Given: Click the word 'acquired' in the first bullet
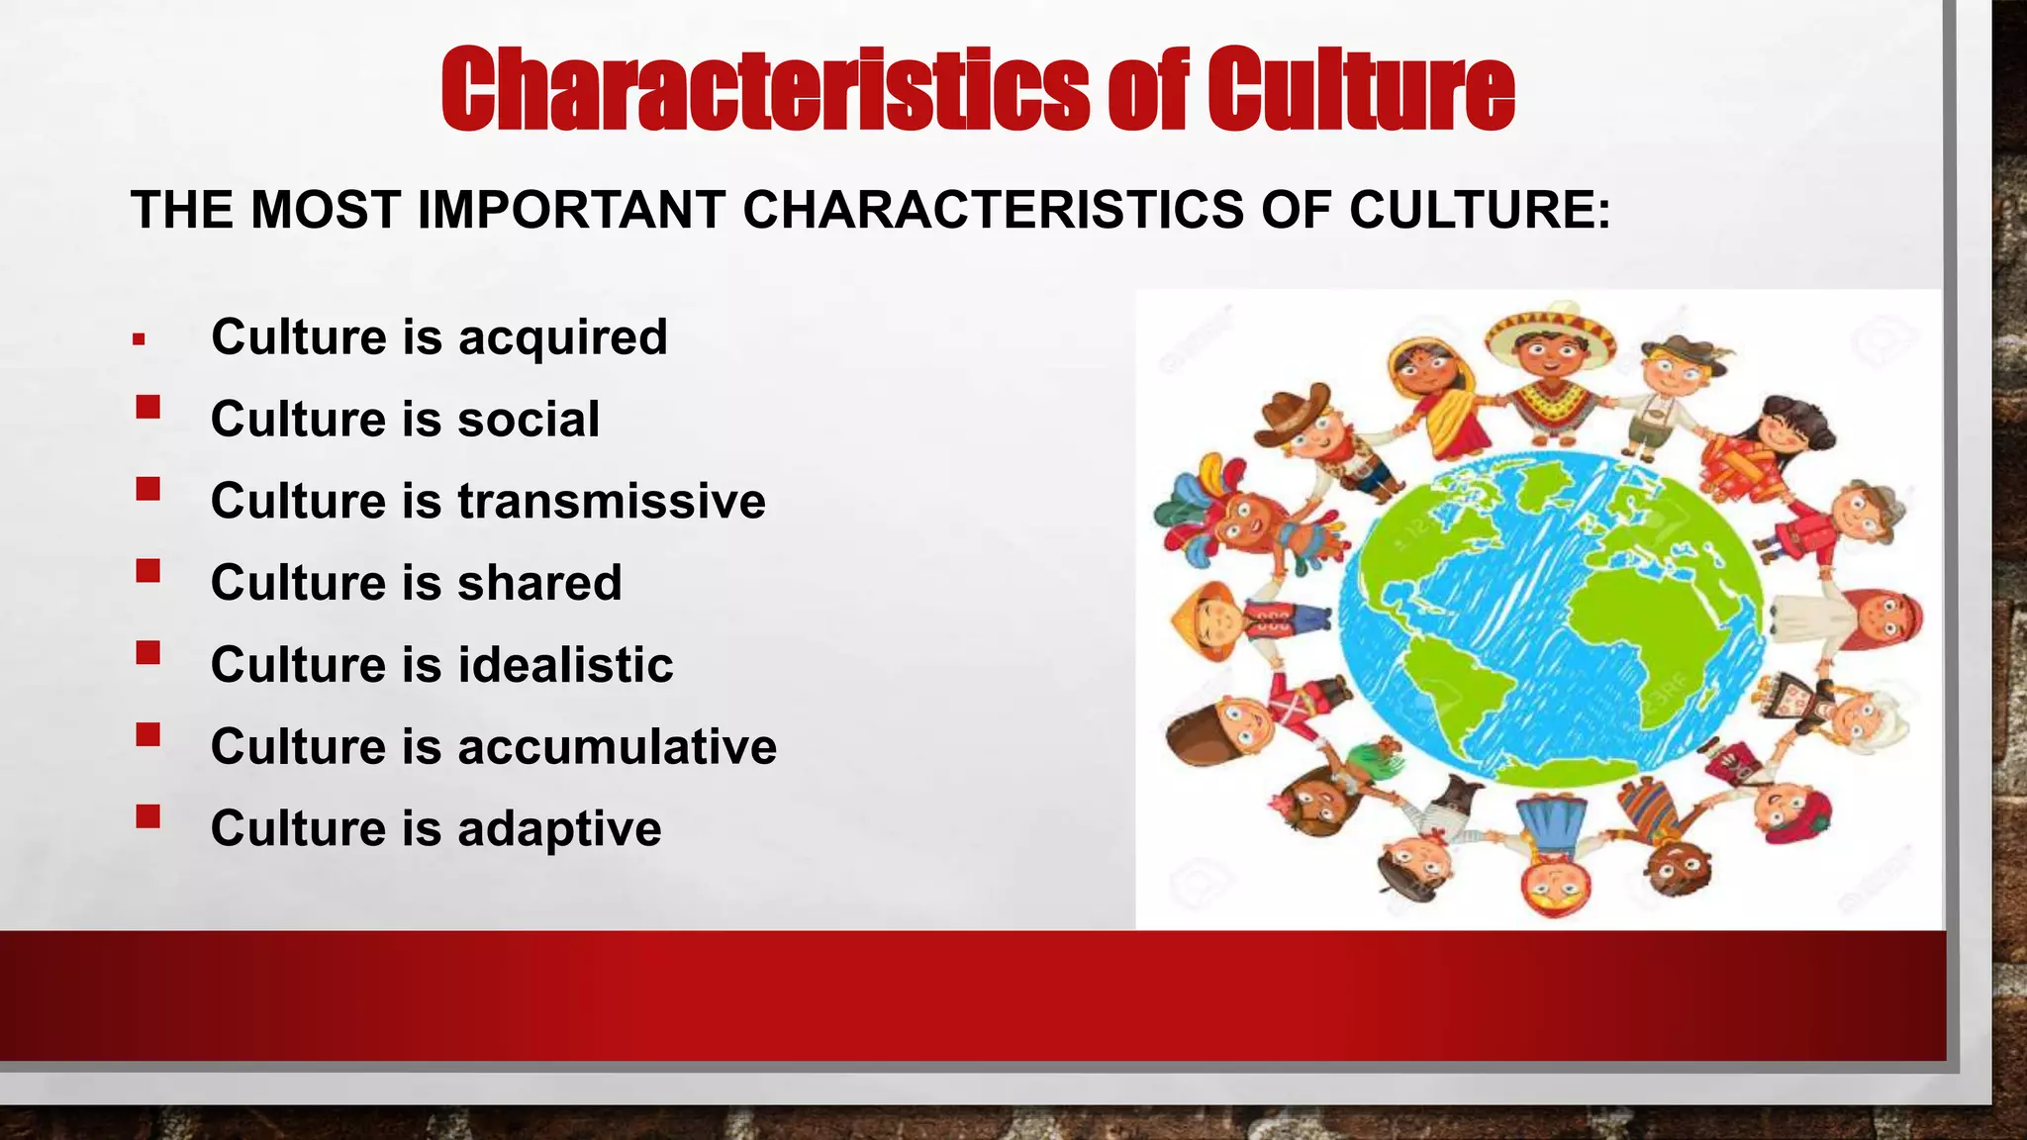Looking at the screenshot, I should coord(562,338).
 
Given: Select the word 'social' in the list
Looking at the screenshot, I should coord(529,420).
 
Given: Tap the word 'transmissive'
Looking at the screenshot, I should coord(612,501).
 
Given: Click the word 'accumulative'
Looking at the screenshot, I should coord(617,747).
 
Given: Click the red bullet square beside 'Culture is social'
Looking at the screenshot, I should coord(148,407).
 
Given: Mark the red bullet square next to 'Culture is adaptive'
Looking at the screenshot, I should coord(148,816).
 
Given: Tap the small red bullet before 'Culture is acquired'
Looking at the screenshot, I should coord(139,340).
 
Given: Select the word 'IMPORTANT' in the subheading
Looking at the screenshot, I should coord(571,211).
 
